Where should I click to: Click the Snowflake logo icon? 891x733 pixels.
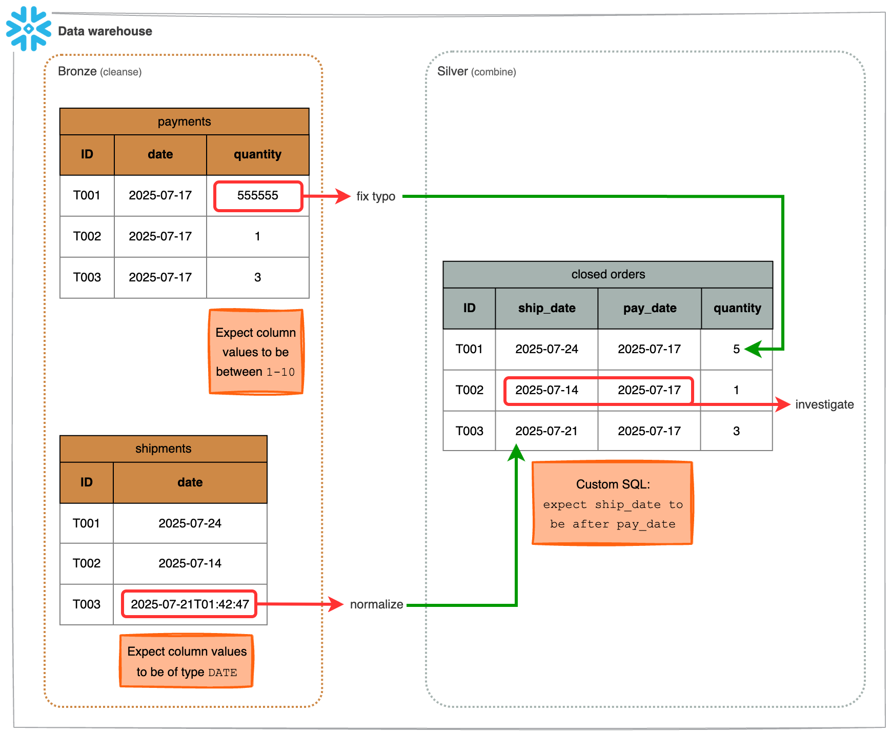(29, 29)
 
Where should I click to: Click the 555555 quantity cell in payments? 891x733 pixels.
(258, 196)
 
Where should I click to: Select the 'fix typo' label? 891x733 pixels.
(376, 196)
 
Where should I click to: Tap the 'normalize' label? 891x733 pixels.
(376, 604)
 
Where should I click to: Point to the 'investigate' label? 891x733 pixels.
(824, 404)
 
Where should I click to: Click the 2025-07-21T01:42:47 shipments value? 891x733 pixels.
(190, 604)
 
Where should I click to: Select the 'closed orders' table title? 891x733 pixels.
(608, 274)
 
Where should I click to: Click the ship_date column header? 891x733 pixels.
(546, 308)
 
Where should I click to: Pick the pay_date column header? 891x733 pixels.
(650, 308)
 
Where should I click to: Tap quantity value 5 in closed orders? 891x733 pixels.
(736, 349)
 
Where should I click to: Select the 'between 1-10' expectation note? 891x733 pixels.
(256, 352)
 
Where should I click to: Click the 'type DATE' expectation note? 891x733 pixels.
(187, 661)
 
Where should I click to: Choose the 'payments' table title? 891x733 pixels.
(184, 121)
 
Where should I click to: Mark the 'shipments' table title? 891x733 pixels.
(163, 449)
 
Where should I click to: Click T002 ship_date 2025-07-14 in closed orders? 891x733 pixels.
(546, 390)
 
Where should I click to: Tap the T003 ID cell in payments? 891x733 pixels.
(87, 277)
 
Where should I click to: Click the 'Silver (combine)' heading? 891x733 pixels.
(476, 71)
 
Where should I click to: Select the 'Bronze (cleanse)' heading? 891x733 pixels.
(99, 71)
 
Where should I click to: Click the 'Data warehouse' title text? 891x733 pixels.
(105, 31)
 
